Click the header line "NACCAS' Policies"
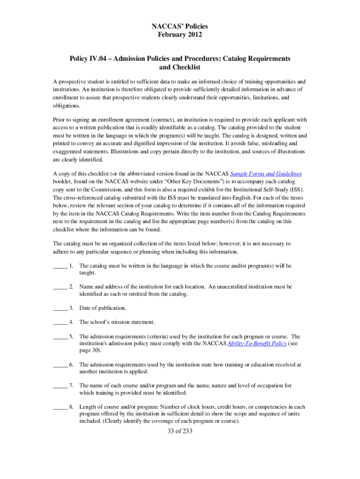pyautogui.click(x=180, y=27)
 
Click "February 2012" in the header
pyautogui.click(x=180, y=36)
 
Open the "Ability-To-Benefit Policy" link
pyautogui.click(x=257, y=343)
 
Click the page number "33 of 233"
pyautogui.click(x=180, y=431)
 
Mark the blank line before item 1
pyautogui.click(x=59, y=266)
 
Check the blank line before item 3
pyautogui.click(x=59, y=308)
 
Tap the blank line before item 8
pyautogui.click(x=59, y=406)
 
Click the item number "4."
pyautogui.click(x=71, y=322)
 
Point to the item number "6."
pyautogui.click(x=71, y=364)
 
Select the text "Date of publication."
pyautogui.click(x=102, y=308)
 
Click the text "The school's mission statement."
pyautogui.click(x=117, y=322)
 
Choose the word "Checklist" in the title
pyautogui.click(x=180, y=67)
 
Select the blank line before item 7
pyautogui.click(x=59, y=385)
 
